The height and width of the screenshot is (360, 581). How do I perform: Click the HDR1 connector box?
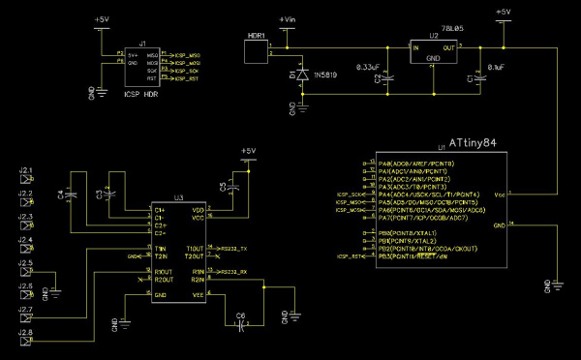tap(256, 52)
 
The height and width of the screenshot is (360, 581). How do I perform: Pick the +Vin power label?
tap(287, 19)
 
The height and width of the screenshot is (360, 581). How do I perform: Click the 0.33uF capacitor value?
tap(368, 67)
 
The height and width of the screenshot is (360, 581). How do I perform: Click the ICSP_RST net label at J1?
tap(187, 78)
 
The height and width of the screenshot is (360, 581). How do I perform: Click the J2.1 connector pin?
tap(26, 176)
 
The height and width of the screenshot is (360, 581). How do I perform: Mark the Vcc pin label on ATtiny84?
tap(500, 195)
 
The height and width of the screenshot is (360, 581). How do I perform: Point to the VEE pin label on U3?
tap(198, 294)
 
